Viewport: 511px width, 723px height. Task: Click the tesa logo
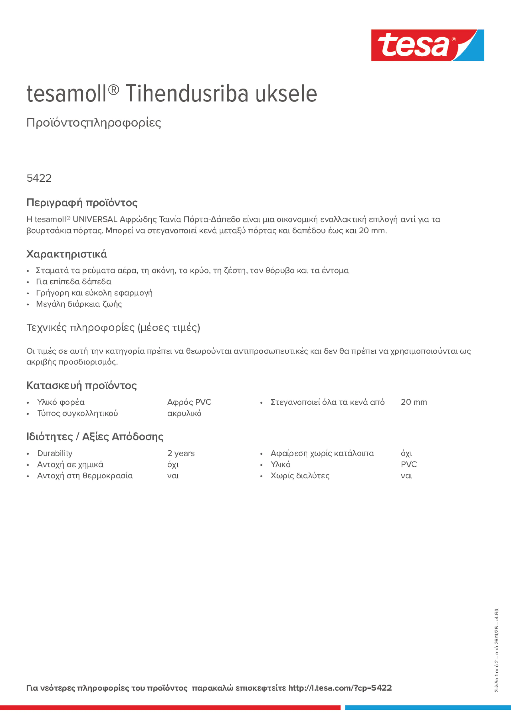tap(427, 45)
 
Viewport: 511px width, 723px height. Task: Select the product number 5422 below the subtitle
tap(39, 178)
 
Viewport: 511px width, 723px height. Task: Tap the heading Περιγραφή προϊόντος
tap(82, 202)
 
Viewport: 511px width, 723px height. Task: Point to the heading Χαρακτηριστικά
tap(66, 254)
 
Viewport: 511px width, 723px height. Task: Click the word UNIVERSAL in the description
tap(95, 220)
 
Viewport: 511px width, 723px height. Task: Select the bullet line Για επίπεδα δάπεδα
tap(73, 282)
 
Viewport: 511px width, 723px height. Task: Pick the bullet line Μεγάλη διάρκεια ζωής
tap(79, 304)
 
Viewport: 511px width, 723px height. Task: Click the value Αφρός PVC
tap(189, 403)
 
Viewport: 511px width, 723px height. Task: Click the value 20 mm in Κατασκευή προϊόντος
tap(414, 403)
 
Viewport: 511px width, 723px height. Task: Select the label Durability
tap(55, 453)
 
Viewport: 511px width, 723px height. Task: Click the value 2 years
tap(181, 453)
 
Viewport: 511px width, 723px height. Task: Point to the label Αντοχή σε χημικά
tap(70, 465)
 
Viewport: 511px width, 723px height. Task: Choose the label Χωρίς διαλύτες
tap(300, 476)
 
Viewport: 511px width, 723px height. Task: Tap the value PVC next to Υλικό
tap(409, 465)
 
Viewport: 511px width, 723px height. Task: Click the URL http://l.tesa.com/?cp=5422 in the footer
tap(340, 688)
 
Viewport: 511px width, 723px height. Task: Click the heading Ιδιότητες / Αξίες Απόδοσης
tap(95, 437)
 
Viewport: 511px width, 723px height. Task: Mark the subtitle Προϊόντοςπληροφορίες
tap(94, 123)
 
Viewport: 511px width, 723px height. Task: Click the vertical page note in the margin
tap(497, 650)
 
